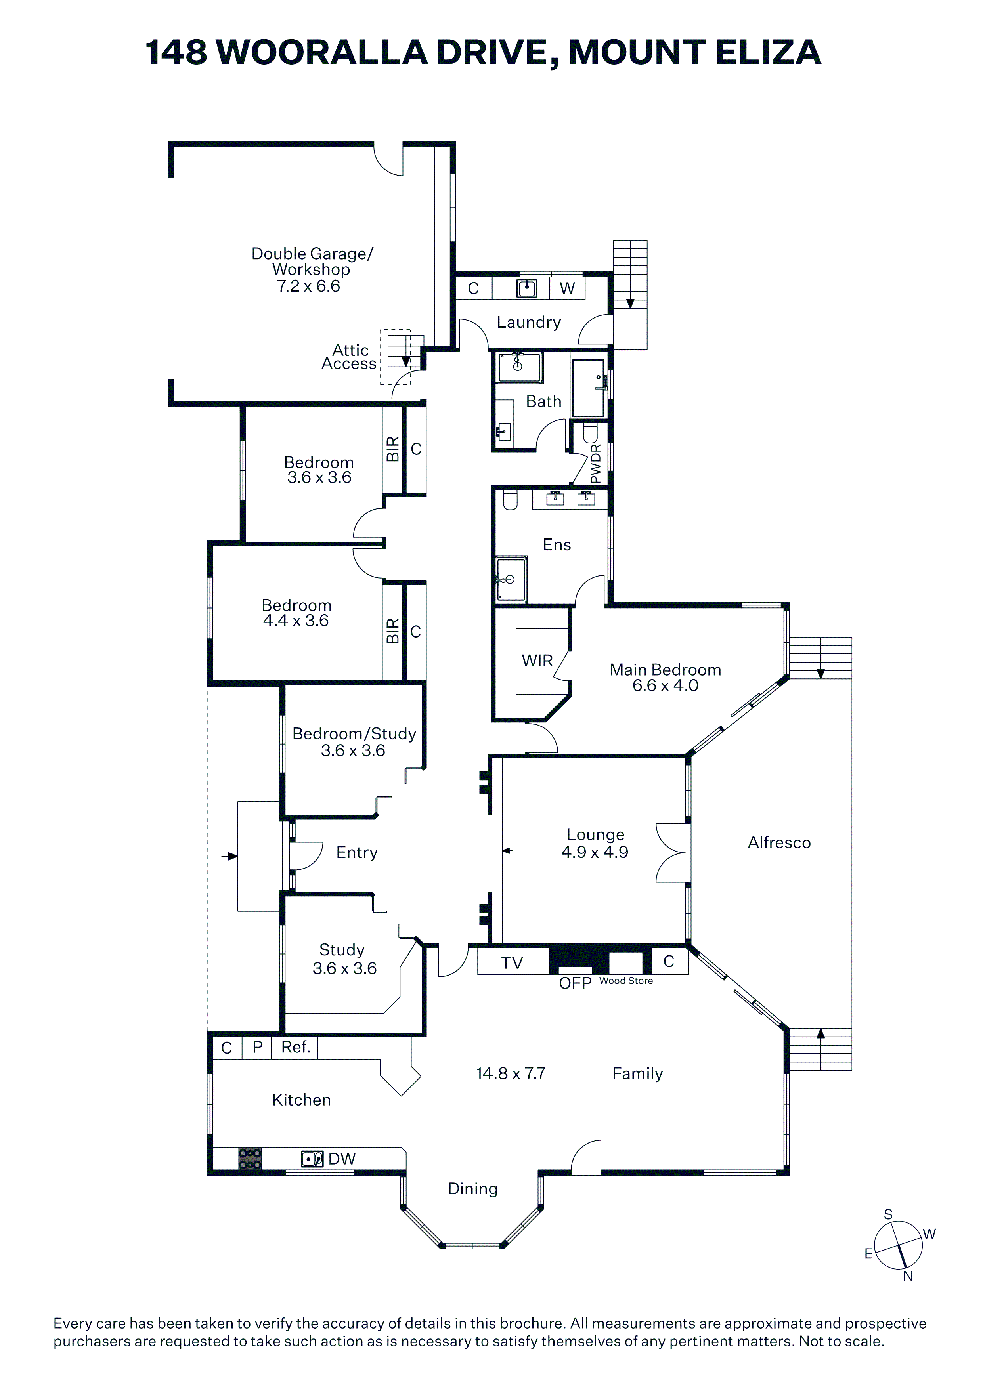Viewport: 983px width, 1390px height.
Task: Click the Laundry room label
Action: tap(529, 323)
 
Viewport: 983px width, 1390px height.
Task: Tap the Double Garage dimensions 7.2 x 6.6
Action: tap(308, 286)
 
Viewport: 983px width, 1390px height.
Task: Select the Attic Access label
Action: tap(350, 357)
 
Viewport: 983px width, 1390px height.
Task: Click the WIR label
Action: tap(537, 661)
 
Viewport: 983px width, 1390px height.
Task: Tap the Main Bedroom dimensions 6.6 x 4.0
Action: tap(665, 686)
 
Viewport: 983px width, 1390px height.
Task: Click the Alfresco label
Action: tap(779, 843)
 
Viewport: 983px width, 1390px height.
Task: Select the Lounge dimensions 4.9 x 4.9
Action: tap(595, 852)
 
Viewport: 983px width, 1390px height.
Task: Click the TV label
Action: tap(512, 963)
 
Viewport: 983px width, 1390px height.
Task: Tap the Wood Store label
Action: tap(626, 981)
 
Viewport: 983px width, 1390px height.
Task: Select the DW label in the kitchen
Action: tap(342, 1159)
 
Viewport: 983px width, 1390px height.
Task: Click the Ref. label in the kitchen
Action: tap(296, 1047)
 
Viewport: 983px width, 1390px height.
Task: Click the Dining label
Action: tap(472, 1189)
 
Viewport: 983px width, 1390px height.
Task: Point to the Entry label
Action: tap(357, 852)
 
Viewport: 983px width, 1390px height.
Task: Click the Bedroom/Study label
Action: tap(354, 734)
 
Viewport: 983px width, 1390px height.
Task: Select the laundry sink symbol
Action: tap(527, 288)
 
